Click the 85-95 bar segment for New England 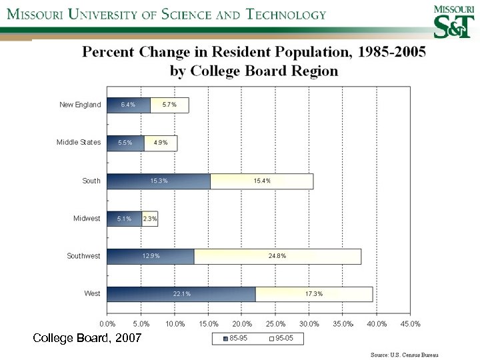[x=129, y=105]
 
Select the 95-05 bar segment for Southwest [x=277, y=256]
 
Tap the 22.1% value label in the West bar [x=181, y=294]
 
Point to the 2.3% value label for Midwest [x=150, y=219]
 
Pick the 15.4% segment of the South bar [x=261, y=181]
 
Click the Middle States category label [x=79, y=143]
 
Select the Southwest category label [x=83, y=256]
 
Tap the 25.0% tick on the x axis [x=275, y=324]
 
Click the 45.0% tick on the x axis [x=410, y=324]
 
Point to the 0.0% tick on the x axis [x=107, y=324]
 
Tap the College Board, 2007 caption [x=87, y=339]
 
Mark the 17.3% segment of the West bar [x=314, y=294]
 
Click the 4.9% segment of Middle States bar [x=161, y=143]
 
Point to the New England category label [x=80, y=105]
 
